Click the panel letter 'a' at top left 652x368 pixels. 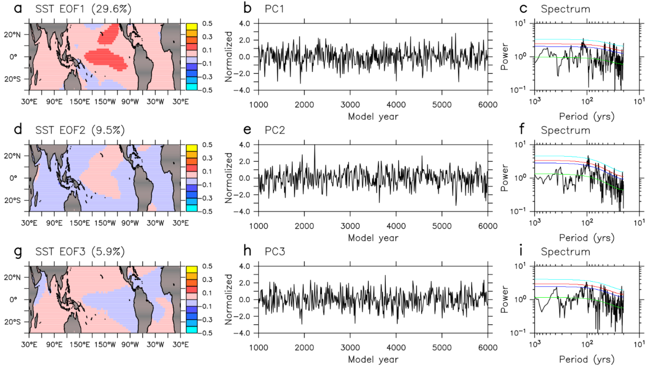click(x=18, y=9)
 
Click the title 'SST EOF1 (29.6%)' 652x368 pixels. click(x=83, y=9)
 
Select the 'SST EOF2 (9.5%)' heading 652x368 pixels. click(x=80, y=130)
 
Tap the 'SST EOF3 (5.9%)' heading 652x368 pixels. click(x=80, y=252)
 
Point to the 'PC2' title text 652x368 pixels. click(x=275, y=130)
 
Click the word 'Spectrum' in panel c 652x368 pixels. click(x=565, y=9)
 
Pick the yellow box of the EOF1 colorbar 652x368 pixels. click(x=191, y=27)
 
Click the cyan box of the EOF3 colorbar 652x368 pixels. click(x=191, y=330)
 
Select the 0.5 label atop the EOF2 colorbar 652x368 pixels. click(x=207, y=145)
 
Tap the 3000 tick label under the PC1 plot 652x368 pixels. click(x=350, y=105)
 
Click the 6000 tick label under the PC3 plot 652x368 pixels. click(x=487, y=347)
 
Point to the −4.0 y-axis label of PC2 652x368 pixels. click(x=242, y=212)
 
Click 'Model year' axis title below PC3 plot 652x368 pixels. click(x=373, y=359)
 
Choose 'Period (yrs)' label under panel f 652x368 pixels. click(x=586, y=238)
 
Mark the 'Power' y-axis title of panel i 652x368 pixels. click(x=504, y=299)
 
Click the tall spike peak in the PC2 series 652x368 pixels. click(x=314, y=146)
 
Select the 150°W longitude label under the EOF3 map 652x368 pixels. click(x=105, y=344)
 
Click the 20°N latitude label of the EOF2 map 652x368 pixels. click(x=12, y=156)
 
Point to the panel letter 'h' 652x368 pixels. click(x=247, y=251)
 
